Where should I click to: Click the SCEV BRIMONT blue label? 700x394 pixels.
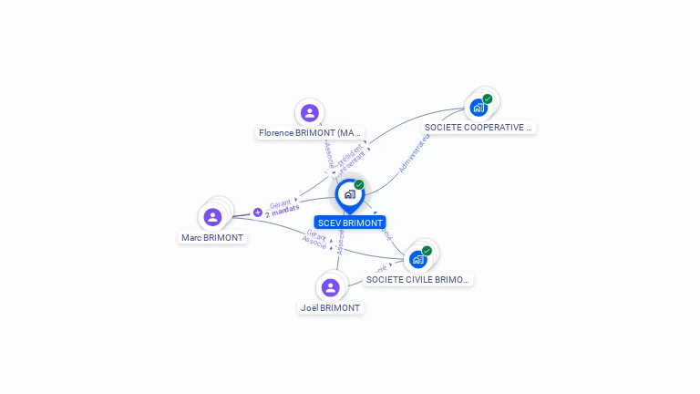(x=350, y=223)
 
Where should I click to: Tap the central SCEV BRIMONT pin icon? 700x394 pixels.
(x=349, y=194)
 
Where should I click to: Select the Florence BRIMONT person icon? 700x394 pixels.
(x=310, y=113)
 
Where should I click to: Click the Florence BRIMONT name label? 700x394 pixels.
(x=311, y=133)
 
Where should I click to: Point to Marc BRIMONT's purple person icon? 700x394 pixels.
(x=212, y=217)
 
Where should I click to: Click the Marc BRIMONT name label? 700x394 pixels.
(x=213, y=238)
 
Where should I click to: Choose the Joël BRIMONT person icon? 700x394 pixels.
(x=331, y=287)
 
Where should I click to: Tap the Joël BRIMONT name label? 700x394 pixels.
(x=331, y=308)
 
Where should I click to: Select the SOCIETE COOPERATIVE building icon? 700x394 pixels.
(x=479, y=108)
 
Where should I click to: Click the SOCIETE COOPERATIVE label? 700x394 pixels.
(x=479, y=128)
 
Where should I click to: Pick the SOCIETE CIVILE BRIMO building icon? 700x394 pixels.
(x=418, y=260)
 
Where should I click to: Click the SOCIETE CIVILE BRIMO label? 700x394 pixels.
(x=419, y=280)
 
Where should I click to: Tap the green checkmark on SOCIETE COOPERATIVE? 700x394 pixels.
(x=488, y=98)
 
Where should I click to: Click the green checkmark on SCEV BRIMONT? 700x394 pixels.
(x=359, y=185)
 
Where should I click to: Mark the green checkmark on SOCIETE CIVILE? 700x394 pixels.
(x=427, y=251)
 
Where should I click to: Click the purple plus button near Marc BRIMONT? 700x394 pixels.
(x=258, y=212)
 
